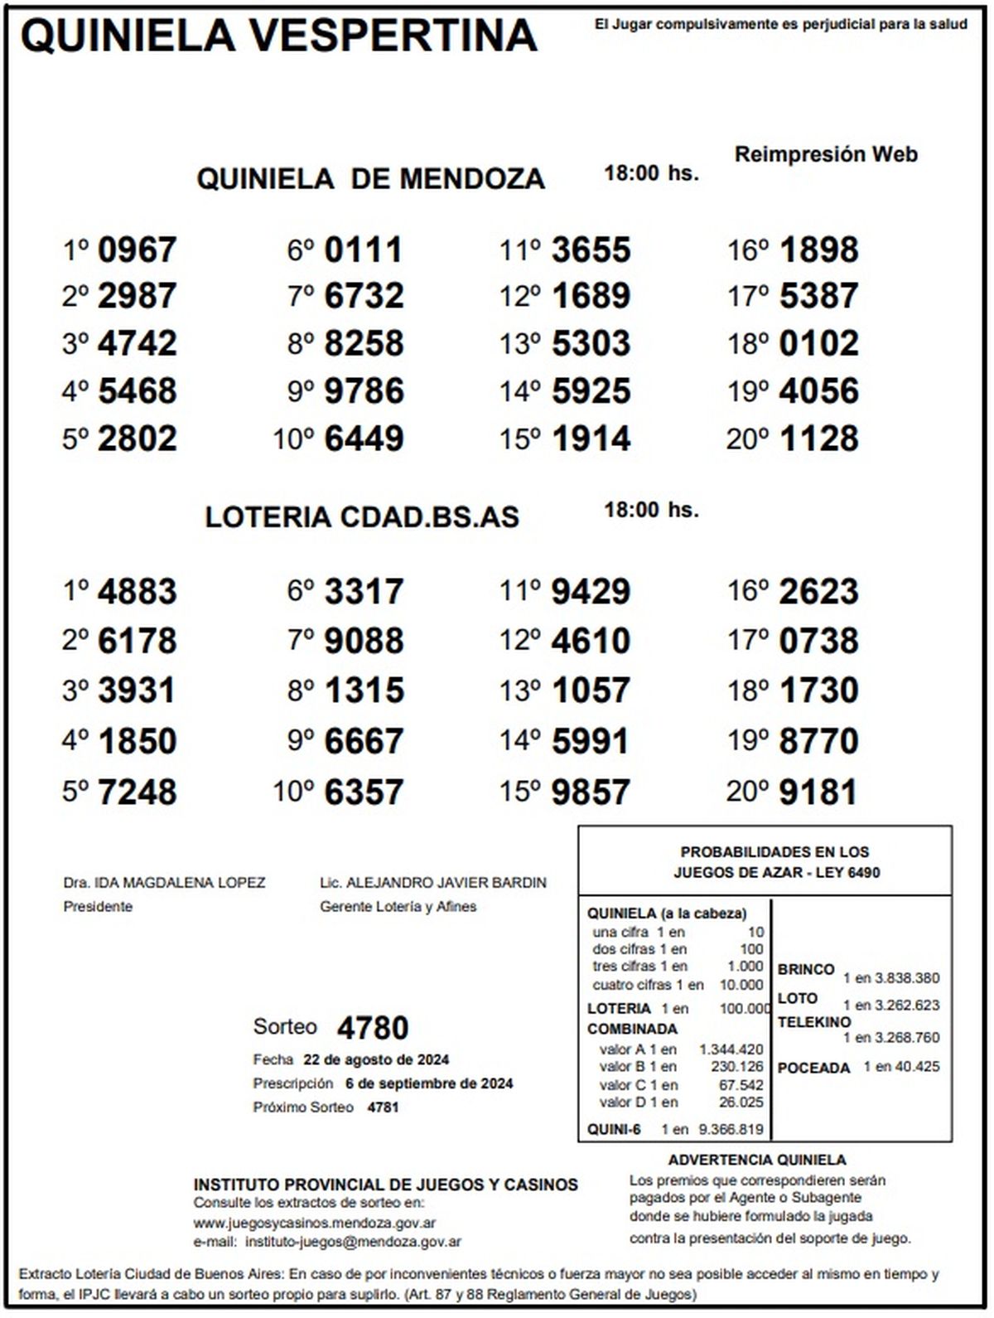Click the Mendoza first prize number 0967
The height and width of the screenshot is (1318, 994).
coord(137,250)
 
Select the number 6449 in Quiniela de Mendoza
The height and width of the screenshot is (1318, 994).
coord(364,439)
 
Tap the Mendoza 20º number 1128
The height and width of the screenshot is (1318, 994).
coord(818,439)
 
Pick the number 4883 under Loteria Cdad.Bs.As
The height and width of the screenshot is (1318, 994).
coord(137,592)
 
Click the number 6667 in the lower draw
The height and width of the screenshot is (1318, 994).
coord(364,741)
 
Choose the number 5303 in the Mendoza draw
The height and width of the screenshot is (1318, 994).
coord(591,343)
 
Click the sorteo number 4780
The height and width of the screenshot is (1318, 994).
coord(373,1028)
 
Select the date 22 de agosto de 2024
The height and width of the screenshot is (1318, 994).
coord(376,1059)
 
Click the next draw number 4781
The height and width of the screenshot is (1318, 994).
coord(383,1107)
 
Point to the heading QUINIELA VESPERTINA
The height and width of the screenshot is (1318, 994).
coord(278,36)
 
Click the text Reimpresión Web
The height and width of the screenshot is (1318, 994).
coord(826,154)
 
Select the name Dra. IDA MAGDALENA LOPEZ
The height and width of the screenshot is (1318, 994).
coord(164,883)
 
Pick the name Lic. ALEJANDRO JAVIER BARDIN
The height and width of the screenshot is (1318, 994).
coord(433,883)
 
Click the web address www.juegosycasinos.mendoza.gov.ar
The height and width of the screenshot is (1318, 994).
coord(315,1223)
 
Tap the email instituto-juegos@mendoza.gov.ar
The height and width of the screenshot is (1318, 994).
coord(349,1242)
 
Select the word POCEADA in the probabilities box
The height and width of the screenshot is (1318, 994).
coord(813,1068)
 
